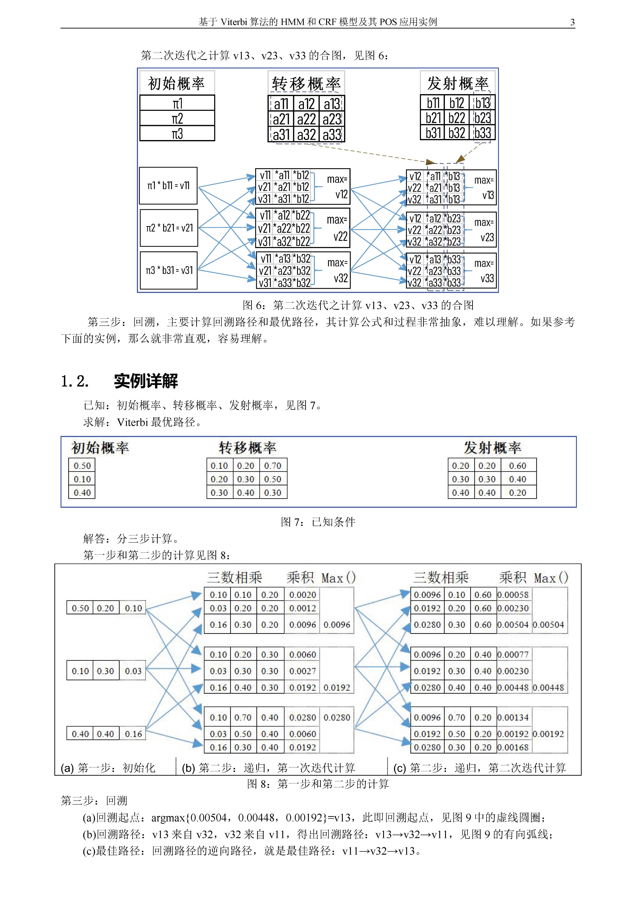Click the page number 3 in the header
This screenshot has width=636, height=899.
click(572, 22)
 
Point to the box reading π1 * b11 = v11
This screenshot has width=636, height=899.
click(168, 186)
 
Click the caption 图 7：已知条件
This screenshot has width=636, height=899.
click(318, 522)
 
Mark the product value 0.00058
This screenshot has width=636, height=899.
click(513, 595)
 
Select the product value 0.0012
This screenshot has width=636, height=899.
click(302, 608)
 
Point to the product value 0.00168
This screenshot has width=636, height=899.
click(513, 747)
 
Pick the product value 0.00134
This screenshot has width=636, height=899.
click(513, 717)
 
